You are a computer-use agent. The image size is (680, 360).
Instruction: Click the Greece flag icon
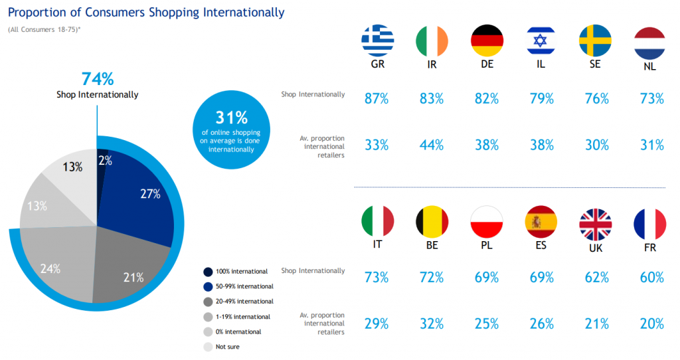[377, 41]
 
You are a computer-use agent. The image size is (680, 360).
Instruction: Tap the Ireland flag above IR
[432, 41]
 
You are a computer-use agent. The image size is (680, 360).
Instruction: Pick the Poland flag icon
[486, 223]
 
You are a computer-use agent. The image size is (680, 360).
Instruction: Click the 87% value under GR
[377, 98]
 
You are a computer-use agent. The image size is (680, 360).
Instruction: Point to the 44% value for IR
[432, 144]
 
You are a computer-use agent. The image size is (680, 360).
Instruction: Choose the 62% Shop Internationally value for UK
[596, 276]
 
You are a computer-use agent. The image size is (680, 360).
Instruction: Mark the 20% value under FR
[650, 323]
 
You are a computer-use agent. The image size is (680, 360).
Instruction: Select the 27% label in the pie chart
[150, 194]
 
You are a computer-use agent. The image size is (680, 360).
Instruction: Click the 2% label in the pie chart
[105, 159]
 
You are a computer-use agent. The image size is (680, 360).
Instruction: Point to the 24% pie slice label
[50, 269]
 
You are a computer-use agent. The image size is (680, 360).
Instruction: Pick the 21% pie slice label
[133, 277]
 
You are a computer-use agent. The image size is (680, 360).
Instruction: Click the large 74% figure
[97, 78]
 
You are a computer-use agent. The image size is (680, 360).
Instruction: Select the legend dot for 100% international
[208, 272]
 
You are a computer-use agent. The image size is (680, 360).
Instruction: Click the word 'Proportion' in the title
[36, 13]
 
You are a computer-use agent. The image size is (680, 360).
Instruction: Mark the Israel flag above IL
[541, 41]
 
